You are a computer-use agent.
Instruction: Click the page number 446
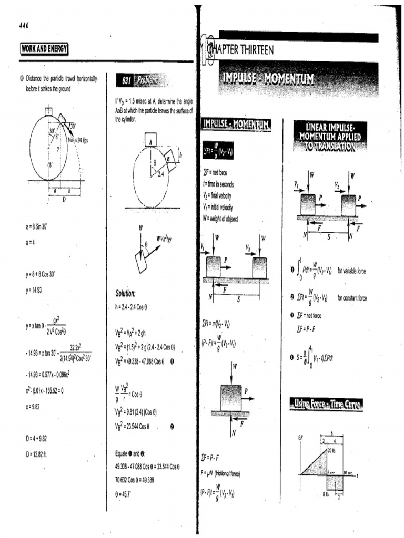point(24,26)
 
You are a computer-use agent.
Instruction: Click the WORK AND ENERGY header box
point(45,50)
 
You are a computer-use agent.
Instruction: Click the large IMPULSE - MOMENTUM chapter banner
point(268,79)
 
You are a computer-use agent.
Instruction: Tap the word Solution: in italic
point(126,293)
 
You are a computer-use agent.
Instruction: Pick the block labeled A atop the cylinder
point(150,140)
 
